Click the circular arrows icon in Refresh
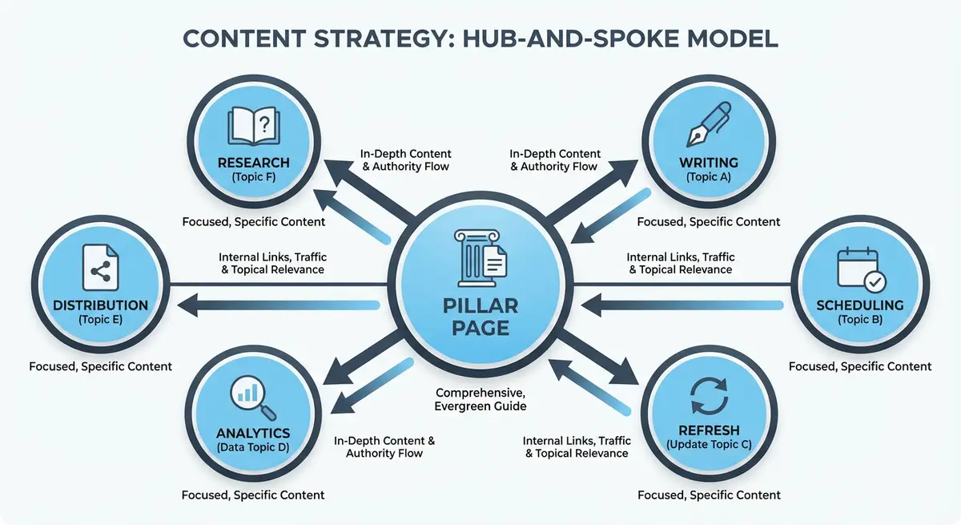pyautogui.click(x=708, y=395)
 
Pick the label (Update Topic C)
pyautogui.click(x=708, y=443)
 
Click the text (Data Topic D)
pyautogui.click(x=253, y=446)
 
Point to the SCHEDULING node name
pyautogui.click(x=860, y=305)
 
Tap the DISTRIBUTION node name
pyautogui.click(x=101, y=305)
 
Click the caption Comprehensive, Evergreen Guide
pyautogui.click(x=480, y=400)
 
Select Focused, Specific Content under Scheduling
pyautogui.click(x=860, y=366)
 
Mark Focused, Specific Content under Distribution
pyautogui.click(x=101, y=366)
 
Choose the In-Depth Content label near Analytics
pyautogui.click(x=384, y=447)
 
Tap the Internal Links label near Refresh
pyautogui.click(x=577, y=447)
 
